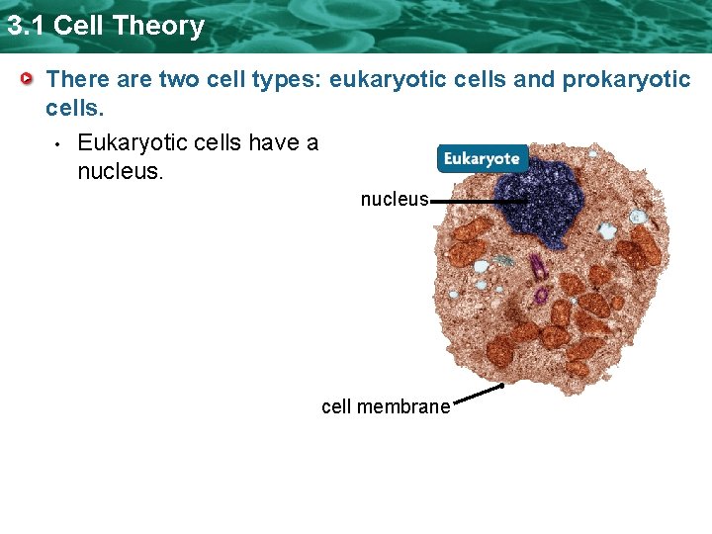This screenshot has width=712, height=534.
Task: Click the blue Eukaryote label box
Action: (x=482, y=159)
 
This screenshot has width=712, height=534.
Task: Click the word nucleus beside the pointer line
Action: (x=394, y=200)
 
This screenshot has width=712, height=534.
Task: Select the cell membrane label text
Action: (x=385, y=406)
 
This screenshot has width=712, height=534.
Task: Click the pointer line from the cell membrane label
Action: (x=478, y=395)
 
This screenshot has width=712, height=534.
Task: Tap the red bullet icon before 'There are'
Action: (x=30, y=78)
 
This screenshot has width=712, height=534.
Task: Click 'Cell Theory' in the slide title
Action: (x=129, y=25)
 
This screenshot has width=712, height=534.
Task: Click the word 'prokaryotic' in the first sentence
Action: (x=626, y=79)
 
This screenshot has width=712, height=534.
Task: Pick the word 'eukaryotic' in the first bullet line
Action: (x=382, y=79)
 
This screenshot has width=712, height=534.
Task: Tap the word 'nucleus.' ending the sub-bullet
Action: (x=119, y=172)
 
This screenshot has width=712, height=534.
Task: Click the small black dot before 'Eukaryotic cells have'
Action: (x=58, y=145)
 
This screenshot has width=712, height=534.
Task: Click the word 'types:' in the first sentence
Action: (x=288, y=79)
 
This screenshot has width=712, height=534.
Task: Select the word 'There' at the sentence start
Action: (x=78, y=79)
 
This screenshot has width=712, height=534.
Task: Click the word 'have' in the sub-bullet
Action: (x=273, y=143)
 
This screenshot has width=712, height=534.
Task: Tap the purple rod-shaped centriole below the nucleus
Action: (x=537, y=268)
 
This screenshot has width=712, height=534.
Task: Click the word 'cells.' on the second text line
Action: (x=72, y=107)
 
